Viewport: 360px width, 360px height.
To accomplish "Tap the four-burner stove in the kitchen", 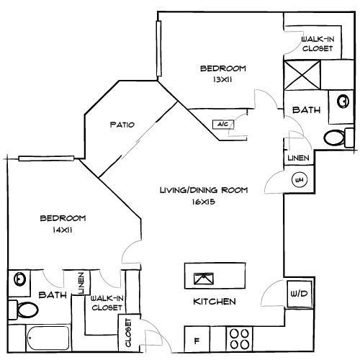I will click(x=240, y=338).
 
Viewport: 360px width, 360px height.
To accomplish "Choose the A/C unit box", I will click(x=221, y=125).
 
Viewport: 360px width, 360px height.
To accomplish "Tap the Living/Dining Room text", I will click(x=204, y=190).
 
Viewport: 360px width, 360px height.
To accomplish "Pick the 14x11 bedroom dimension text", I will click(x=63, y=230).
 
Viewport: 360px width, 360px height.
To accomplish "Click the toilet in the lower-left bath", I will click(x=27, y=310).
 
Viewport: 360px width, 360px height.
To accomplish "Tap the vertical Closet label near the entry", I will click(x=129, y=332).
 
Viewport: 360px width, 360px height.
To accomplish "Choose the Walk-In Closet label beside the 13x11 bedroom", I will click(x=317, y=43).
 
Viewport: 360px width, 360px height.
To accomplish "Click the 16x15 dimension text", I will click(x=204, y=202).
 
